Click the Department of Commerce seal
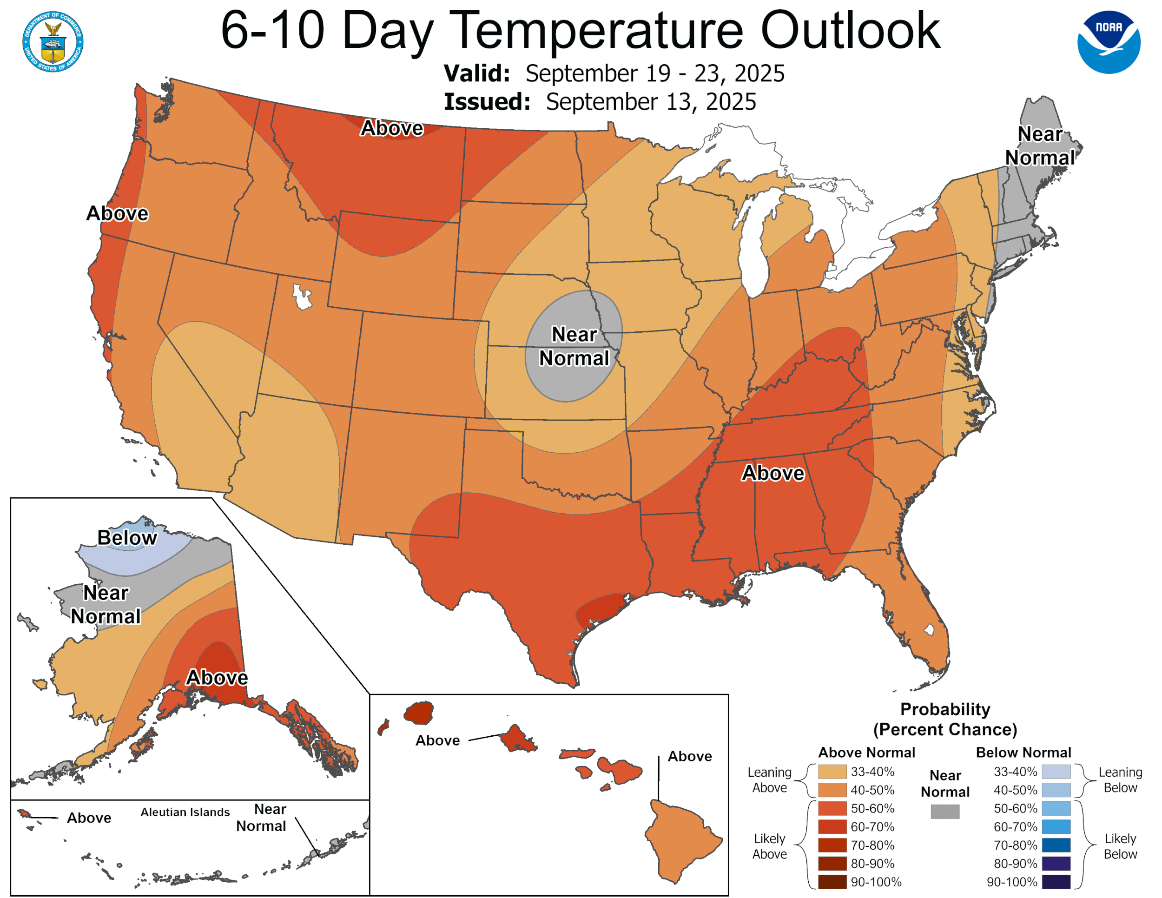53,41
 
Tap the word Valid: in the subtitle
477,73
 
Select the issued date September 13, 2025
650,102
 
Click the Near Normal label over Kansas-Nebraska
574,346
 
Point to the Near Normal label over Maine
1039,146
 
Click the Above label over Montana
391,128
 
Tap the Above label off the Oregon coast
117,213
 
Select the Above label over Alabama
772,473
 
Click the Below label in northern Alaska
127,538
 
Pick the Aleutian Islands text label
185,812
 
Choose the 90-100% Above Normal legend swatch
832,882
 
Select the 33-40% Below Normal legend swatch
1056,772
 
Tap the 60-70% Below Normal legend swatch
1056,827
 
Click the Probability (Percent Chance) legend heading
945,719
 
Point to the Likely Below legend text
1120,846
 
